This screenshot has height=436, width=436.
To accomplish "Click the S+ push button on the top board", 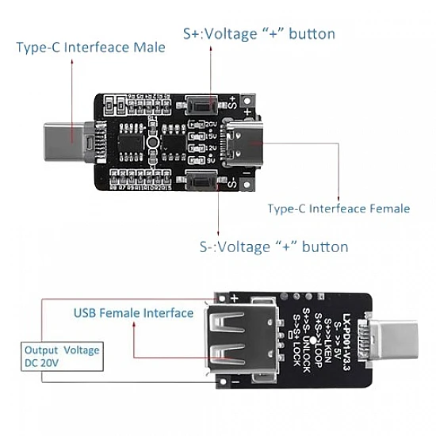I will click(205, 104).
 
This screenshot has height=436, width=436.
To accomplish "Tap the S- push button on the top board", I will click(205, 184).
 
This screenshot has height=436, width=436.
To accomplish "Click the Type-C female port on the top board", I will click(241, 143).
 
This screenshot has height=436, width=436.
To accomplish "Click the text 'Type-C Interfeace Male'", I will click(91, 47).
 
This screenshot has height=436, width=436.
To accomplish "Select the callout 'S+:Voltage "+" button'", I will click(258, 34).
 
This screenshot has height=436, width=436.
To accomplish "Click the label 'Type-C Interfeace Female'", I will click(338, 208).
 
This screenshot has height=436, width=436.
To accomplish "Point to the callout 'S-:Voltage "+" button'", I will click(272, 247).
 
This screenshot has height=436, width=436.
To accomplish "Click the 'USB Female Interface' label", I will click(133, 312).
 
